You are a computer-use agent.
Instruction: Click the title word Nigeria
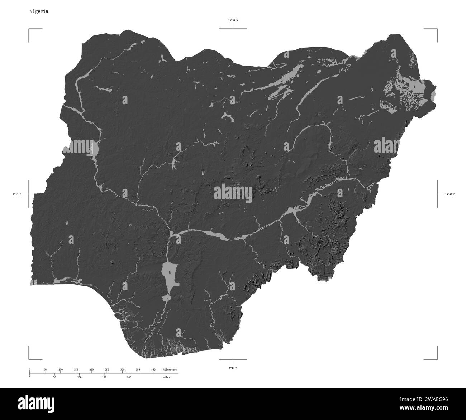39,11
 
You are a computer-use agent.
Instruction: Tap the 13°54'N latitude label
233,21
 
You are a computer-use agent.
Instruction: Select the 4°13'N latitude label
233,368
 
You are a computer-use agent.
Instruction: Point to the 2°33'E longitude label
16,194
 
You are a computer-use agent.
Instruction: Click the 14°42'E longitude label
450,194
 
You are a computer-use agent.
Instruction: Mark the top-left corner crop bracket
29,29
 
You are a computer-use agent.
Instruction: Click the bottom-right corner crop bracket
437,359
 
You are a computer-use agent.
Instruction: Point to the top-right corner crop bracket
437,29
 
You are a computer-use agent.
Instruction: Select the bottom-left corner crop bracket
29,359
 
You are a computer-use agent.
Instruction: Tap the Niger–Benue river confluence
171,234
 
